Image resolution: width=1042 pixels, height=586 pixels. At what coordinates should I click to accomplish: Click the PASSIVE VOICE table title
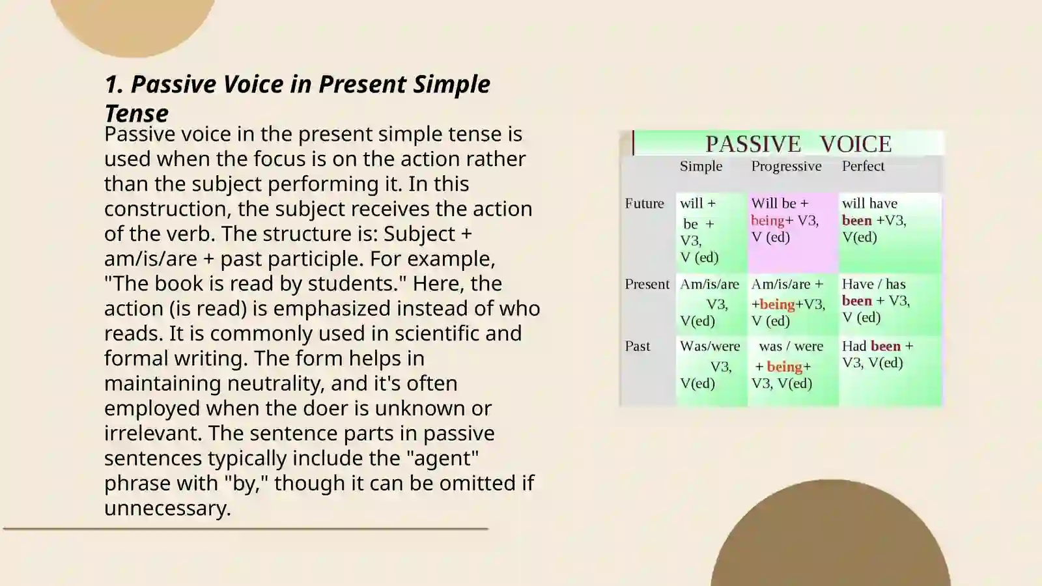click(798, 144)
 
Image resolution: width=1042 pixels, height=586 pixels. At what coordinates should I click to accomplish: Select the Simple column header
click(701, 166)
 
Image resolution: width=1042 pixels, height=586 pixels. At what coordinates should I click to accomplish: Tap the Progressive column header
click(786, 166)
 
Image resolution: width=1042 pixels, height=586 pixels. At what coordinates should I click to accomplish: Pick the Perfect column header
click(863, 166)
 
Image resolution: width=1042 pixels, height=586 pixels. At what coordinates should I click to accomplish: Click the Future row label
click(644, 203)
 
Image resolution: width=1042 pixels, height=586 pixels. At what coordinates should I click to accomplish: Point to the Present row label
click(647, 284)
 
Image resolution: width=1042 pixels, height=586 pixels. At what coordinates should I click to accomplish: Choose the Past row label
click(638, 346)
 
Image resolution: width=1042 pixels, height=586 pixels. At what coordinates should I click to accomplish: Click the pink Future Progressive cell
click(792, 231)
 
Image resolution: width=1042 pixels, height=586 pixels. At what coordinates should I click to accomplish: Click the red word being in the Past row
click(784, 367)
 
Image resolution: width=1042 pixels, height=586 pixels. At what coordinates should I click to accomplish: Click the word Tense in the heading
click(136, 113)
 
